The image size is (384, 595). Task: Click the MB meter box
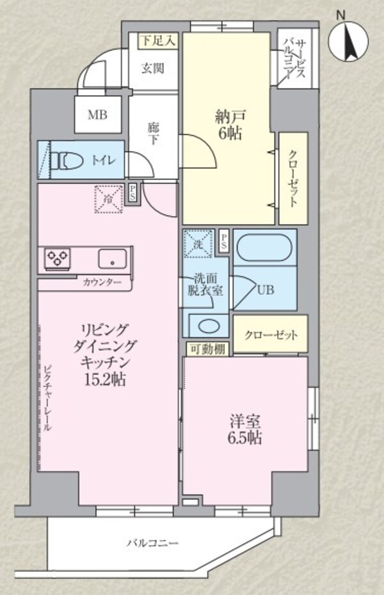(x=98, y=116)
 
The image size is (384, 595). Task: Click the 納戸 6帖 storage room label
(x=228, y=125)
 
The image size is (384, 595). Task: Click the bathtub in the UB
(x=264, y=247)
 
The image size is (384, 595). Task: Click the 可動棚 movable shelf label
(x=205, y=349)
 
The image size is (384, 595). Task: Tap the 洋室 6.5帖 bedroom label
(x=245, y=429)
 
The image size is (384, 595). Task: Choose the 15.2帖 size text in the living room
(x=106, y=379)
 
